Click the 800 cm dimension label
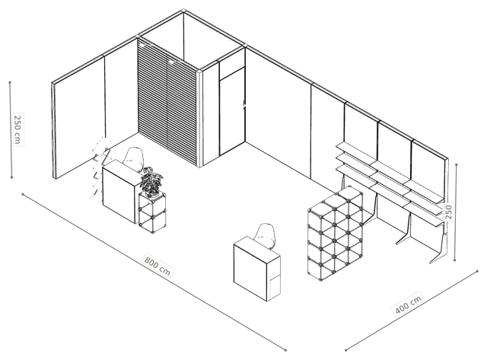158,266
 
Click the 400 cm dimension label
408,304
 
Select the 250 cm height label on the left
18,129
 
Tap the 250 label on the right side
449,212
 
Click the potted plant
151,183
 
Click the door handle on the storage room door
243,104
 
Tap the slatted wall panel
167,103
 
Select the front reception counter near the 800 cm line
257,269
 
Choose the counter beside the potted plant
121,190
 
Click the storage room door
232,112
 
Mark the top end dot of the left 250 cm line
10,83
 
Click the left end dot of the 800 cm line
23,194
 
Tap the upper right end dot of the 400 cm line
477,271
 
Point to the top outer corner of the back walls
183,9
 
